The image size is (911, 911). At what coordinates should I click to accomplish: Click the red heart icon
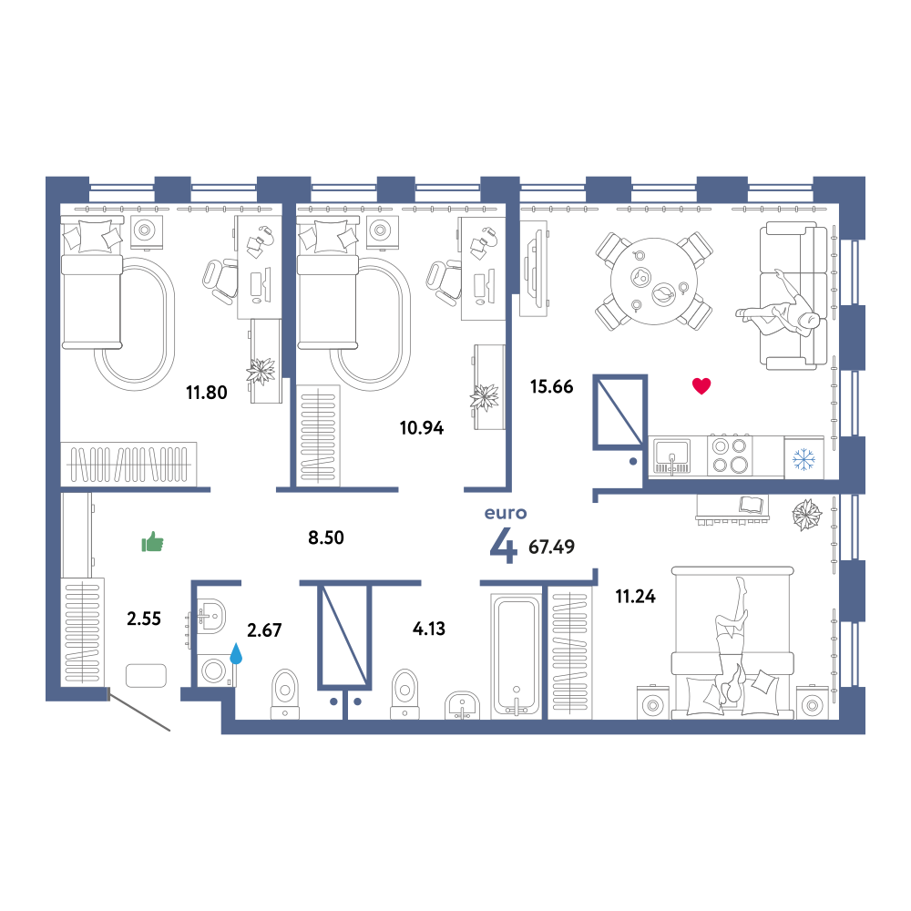[701, 385]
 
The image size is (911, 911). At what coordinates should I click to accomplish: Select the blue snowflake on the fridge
[804, 459]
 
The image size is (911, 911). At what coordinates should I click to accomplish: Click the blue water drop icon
[236, 653]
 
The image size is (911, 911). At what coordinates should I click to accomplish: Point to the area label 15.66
[551, 386]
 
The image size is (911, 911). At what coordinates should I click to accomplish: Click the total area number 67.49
[551, 547]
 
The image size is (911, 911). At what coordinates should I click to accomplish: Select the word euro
[506, 513]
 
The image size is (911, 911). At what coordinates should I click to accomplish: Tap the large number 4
[503, 547]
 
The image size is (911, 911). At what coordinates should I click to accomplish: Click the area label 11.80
[206, 393]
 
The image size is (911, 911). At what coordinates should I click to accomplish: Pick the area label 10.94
[421, 428]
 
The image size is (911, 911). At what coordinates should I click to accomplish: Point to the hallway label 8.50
[326, 538]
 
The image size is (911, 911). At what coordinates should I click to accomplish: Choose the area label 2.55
[144, 619]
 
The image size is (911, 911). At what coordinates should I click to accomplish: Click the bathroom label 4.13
[429, 629]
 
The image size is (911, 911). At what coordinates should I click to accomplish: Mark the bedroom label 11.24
[636, 597]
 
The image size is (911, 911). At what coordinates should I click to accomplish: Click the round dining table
[653, 281]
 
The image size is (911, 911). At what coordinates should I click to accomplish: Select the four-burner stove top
[731, 455]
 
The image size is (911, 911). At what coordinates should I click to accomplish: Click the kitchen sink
[672, 455]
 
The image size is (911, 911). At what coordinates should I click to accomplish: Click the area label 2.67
[264, 630]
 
